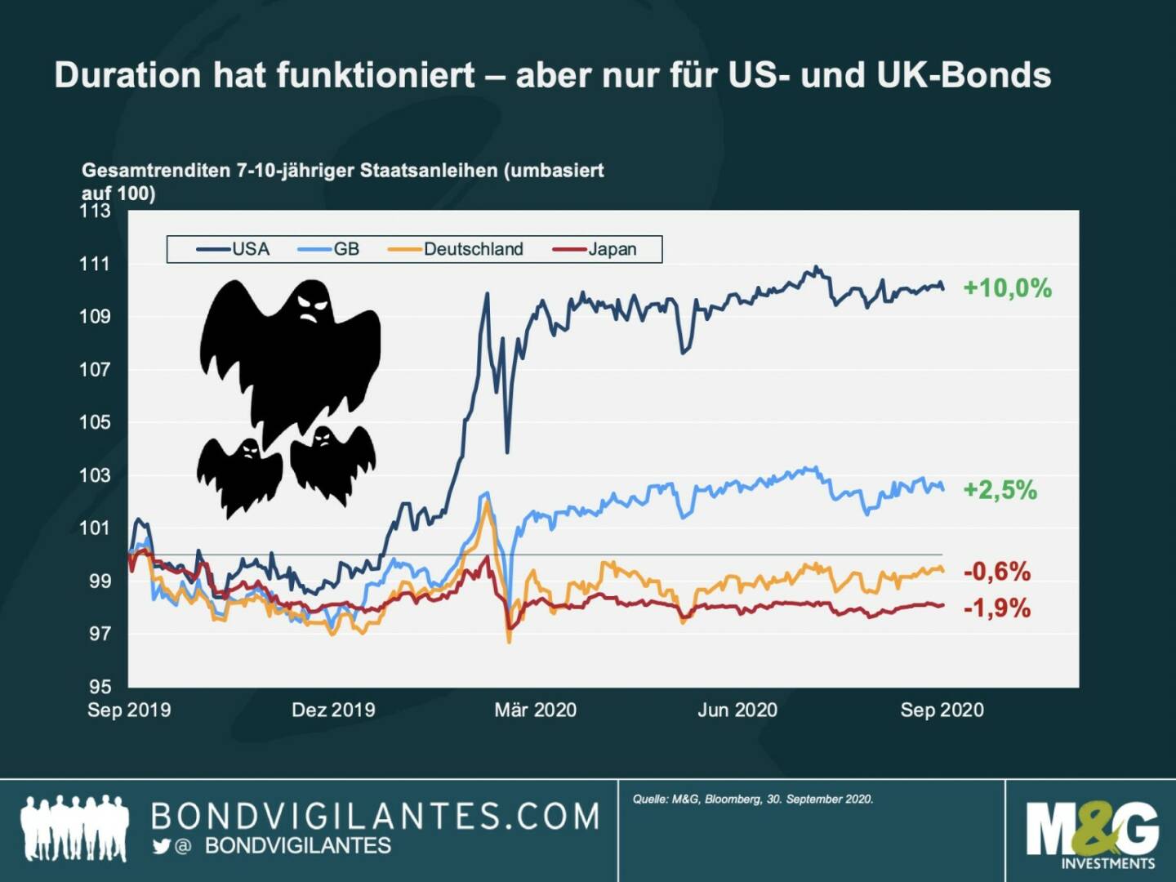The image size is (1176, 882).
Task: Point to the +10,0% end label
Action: (x=1007, y=288)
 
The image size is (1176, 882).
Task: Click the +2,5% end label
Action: (x=1000, y=490)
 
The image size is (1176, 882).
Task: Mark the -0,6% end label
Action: (x=997, y=572)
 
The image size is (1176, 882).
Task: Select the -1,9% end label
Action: (x=997, y=608)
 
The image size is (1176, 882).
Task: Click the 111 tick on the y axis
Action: (x=95, y=264)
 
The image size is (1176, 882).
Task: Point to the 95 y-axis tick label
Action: (x=100, y=686)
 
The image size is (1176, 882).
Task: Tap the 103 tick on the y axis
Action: (x=95, y=475)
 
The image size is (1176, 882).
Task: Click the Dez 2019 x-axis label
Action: (x=333, y=710)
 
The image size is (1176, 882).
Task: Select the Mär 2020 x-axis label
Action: (x=536, y=710)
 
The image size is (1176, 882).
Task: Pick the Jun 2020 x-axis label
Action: (x=737, y=710)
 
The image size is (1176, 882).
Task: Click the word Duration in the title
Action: (x=127, y=75)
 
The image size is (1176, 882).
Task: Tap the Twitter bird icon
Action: (x=161, y=846)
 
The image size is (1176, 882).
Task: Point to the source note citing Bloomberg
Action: (x=753, y=799)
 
